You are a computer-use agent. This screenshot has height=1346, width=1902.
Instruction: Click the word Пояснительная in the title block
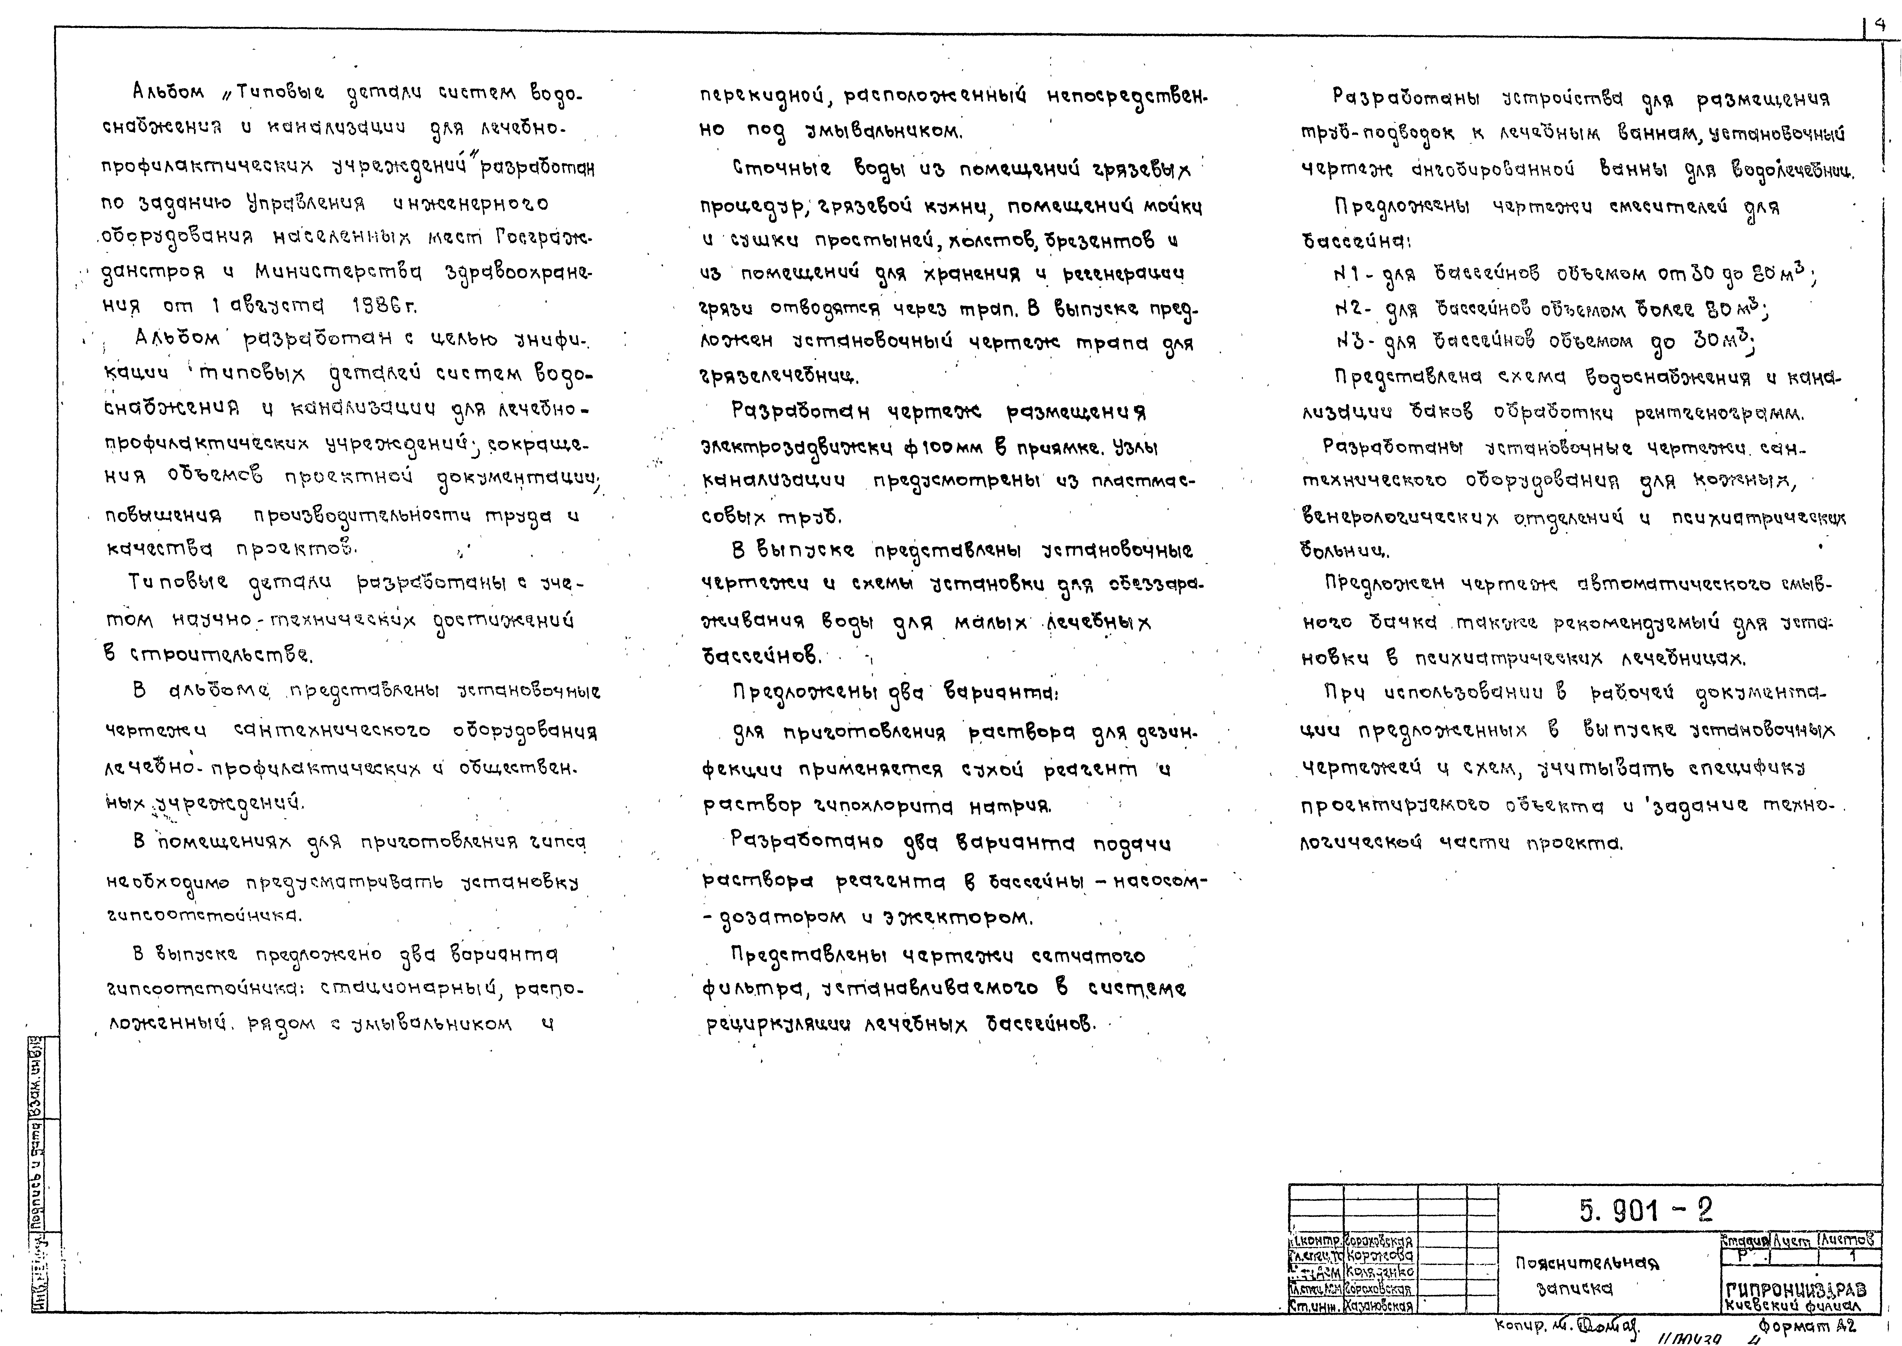click(1587, 1264)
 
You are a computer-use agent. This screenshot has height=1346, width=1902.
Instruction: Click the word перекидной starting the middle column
click(764, 97)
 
